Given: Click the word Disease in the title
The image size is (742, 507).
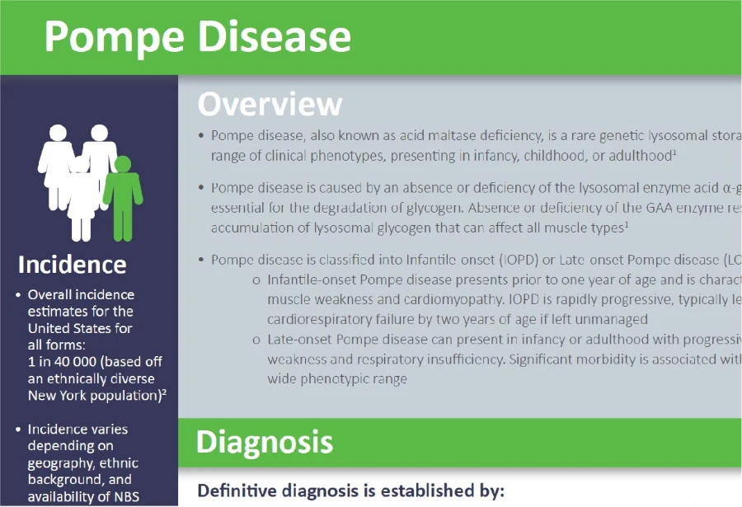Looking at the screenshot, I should pos(271,37).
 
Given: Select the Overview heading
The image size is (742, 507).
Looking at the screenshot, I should pos(270,104).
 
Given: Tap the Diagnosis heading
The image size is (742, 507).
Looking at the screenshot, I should pos(264,442).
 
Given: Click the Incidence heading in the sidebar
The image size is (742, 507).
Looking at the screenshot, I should pos(73,265).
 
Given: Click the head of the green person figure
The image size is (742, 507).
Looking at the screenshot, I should pos(123,165).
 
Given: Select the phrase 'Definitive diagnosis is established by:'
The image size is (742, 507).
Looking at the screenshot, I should pos(350,492).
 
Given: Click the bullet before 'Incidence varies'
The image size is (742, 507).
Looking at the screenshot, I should pos(18,430).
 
